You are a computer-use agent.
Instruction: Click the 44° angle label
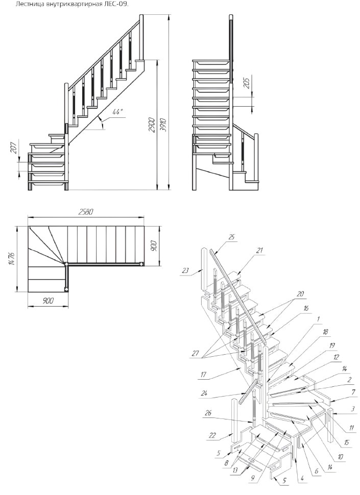tap(117, 112)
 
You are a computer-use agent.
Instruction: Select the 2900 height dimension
tap(153, 125)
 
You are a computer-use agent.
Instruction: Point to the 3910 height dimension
tap(163, 125)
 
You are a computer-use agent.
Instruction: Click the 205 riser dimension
tap(247, 83)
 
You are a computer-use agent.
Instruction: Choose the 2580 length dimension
tap(86, 212)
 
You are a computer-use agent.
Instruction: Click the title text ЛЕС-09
tap(119, 5)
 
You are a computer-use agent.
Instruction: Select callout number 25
tap(232, 237)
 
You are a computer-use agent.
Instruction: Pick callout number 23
tap(185, 270)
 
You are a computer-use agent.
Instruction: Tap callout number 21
tap(259, 251)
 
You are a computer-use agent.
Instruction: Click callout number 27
tap(196, 353)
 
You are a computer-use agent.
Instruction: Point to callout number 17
tap(203, 375)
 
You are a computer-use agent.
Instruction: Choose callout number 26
tap(208, 413)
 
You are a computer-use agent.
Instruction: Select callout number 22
tap(212, 435)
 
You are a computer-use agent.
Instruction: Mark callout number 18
tap(326, 332)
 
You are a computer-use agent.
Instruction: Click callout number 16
tap(306, 308)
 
